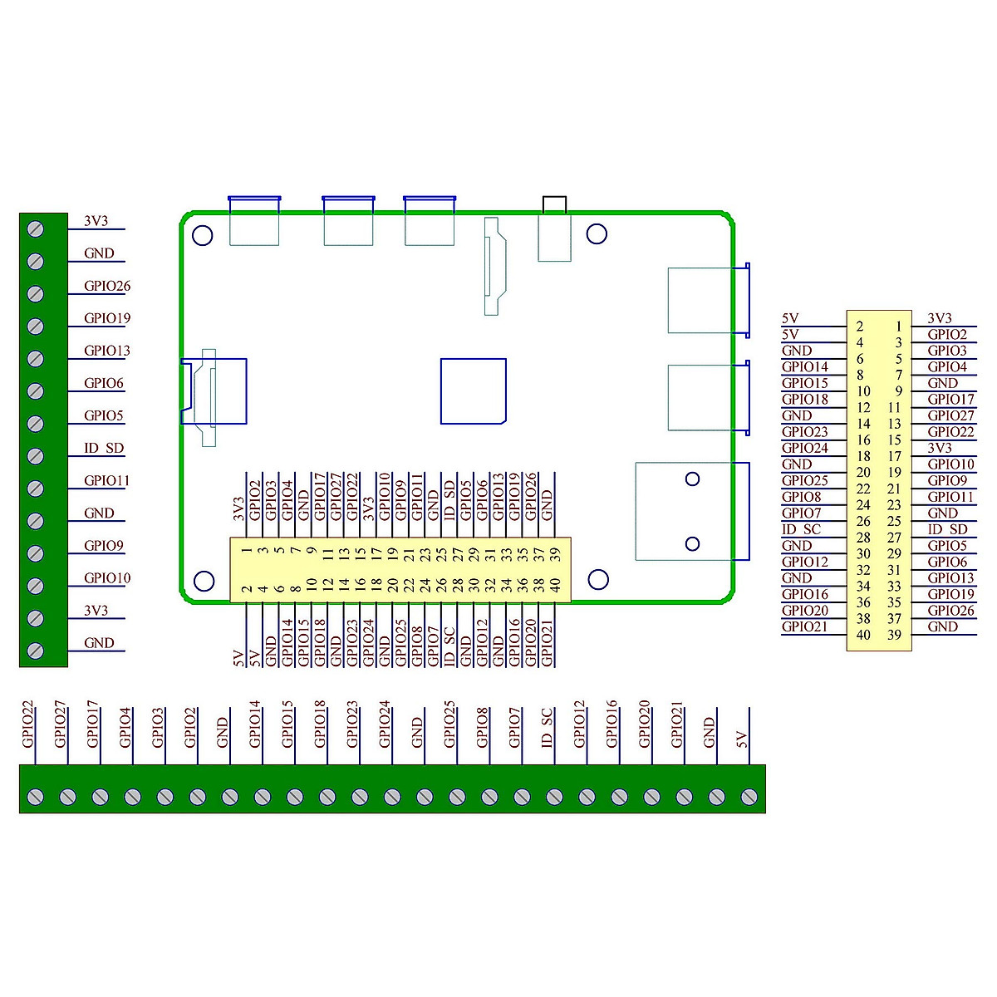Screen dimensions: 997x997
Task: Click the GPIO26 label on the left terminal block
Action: coord(107,286)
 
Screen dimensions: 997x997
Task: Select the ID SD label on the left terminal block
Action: coord(104,448)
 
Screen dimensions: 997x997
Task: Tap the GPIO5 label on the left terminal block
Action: coord(103,415)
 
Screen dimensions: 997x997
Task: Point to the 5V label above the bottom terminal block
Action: coord(742,739)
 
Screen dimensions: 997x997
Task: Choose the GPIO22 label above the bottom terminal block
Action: coord(28,724)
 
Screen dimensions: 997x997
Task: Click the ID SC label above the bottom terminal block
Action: coord(547,727)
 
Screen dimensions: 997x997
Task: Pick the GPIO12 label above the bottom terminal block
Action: coord(579,724)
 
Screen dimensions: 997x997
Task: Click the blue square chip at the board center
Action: coord(473,391)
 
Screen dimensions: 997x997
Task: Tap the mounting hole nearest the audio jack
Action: coord(597,234)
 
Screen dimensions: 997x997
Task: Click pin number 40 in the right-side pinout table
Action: coord(863,635)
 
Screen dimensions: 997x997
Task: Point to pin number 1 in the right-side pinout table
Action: coord(898,327)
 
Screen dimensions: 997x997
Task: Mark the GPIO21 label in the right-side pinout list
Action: coord(804,627)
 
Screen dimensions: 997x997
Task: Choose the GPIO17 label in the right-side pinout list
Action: coord(950,400)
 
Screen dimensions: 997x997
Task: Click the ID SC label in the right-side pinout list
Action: coord(801,529)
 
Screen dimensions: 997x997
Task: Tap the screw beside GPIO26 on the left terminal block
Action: coord(36,293)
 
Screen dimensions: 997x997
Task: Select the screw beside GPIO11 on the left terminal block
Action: coord(36,489)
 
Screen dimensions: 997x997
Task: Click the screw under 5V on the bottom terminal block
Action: coord(749,797)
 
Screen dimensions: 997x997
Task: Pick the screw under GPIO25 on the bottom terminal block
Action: coord(456,797)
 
